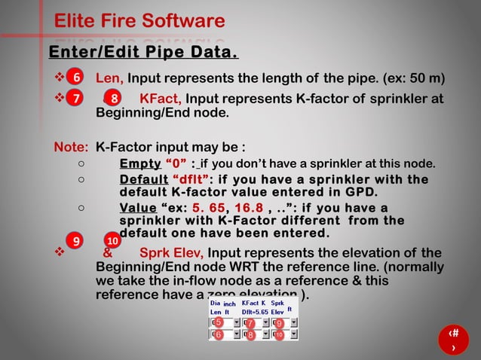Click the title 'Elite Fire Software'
point(139,21)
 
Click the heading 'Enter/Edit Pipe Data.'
point(143,53)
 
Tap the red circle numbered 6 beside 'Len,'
point(75,78)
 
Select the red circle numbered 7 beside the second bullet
point(75,98)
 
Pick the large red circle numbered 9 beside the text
point(75,241)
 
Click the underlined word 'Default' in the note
point(143,179)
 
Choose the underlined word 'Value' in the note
point(136,208)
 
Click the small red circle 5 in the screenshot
point(218,323)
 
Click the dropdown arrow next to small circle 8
point(266,334)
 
